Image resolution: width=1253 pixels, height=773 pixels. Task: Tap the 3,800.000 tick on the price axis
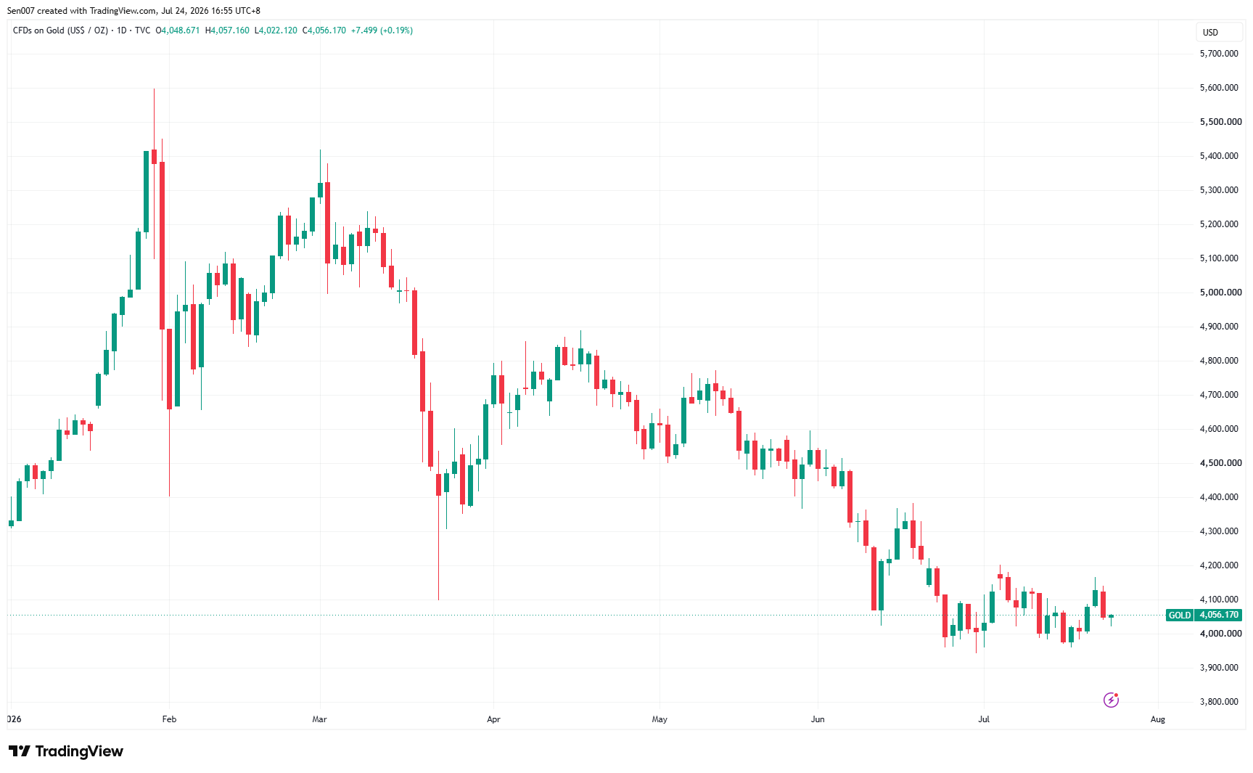[x=1219, y=702]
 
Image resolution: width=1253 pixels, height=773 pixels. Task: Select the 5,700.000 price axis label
[x=1219, y=54]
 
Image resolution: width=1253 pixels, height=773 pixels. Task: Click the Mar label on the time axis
[x=319, y=719]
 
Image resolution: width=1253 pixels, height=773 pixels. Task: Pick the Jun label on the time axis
[x=818, y=719]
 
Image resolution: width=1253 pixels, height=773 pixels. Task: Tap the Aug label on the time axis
[x=1158, y=719]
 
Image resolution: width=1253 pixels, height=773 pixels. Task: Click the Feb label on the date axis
[x=169, y=719]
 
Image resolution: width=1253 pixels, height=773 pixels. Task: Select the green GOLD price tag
[x=1180, y=615]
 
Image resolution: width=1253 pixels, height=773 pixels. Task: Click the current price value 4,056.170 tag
[x=1219, y=615]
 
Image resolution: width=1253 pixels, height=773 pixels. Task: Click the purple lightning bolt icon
[x=1111, y=700]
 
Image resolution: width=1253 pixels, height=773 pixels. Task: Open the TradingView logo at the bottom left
[x=66, y=751]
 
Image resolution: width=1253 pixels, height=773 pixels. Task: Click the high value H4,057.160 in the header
[x=227, y=30]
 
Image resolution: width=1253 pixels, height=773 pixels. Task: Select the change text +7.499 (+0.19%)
[x=382, y=30]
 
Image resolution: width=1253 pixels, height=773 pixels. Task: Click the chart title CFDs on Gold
[x=38, y=30]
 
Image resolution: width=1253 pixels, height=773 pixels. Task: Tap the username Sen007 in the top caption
[x=21, y=11]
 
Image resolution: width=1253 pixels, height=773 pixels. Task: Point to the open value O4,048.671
[x=178, y=30]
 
